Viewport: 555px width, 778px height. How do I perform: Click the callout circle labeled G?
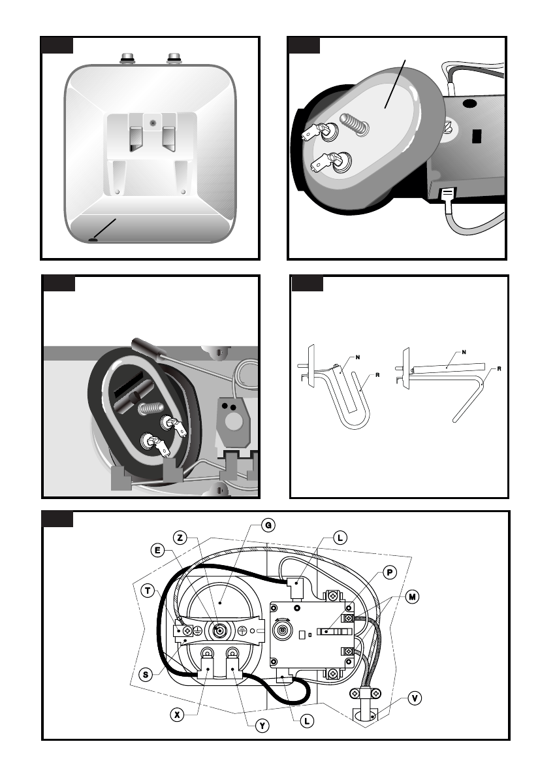(x=267, y=525)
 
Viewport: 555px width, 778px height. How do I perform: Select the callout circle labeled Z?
(x=181, y=538)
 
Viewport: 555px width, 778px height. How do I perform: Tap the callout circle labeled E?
(x=159, y=550)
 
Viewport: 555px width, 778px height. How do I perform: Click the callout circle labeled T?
(x=148, y=591)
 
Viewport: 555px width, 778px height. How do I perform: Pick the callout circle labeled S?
(x=148, y=674)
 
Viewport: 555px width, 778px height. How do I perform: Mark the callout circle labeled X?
(x=176, y=715)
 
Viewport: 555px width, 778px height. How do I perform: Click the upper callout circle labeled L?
(x=340, y=538)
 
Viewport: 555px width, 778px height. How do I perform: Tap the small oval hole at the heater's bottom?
(x=93, y=240)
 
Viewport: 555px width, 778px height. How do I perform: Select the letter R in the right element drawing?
(x=499, y=368)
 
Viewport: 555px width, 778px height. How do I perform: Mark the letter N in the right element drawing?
(x=464, y=352)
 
